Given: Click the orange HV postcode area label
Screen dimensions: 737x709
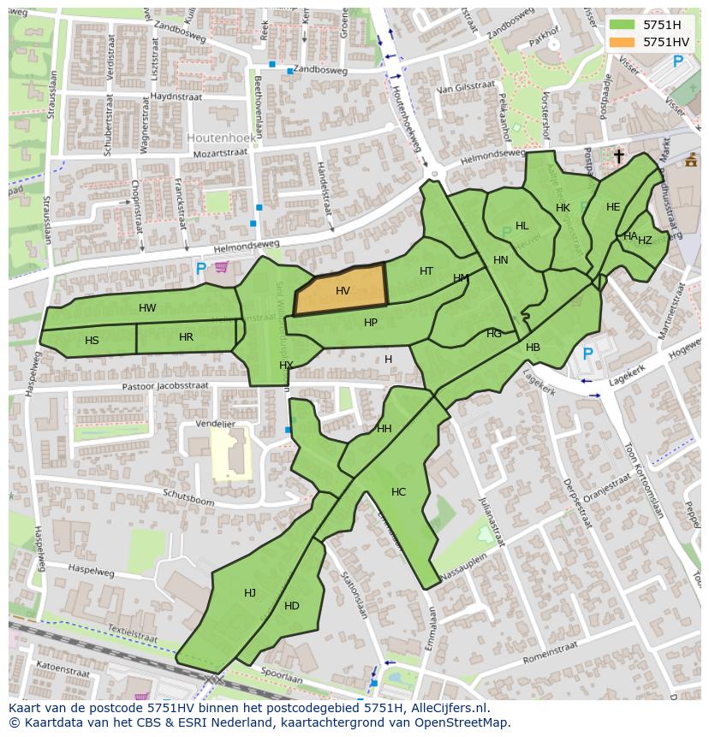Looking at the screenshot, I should pos(343,291).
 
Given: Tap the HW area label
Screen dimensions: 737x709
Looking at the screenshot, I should pos(147,308).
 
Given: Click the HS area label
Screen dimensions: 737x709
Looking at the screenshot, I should pos(92,341).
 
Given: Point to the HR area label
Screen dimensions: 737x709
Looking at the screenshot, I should pos(186,337).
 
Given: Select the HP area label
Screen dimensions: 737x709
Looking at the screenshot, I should pos(370,323).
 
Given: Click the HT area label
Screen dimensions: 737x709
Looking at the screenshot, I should pos(426,271).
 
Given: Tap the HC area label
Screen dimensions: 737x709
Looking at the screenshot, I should pos(398,492).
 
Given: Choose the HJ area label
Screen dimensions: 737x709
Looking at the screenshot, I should pos(249,593).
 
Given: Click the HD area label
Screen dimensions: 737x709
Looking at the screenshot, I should pos(291,606).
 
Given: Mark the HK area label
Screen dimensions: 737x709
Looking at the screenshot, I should pos(563,208).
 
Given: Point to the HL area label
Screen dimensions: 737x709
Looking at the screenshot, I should pos(521,226).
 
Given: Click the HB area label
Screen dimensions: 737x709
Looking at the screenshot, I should pos(533,348).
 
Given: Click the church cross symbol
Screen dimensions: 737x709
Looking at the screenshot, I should pos(619,156).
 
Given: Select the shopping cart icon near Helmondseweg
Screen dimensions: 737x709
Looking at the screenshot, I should pos(222,267).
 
